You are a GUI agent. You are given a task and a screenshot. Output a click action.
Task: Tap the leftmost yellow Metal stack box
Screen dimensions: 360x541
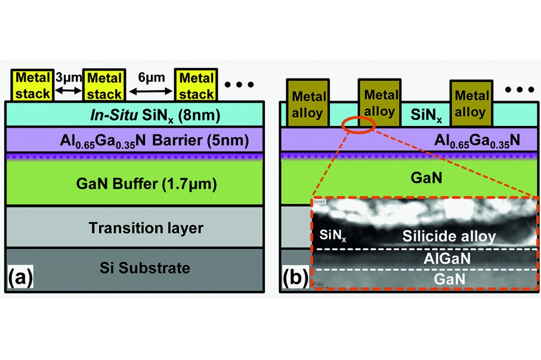pyautogui.click(x=32, y=85)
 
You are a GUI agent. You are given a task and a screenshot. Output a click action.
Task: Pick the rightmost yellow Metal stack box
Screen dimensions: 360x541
pyautogui.click(x=196, y=85)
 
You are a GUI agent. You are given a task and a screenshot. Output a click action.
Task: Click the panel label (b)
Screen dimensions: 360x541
pyautogui.click(x=295, y=279)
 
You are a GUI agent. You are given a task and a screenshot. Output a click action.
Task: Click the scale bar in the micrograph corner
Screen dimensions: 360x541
pyautogui.click(x=319, y=283)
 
